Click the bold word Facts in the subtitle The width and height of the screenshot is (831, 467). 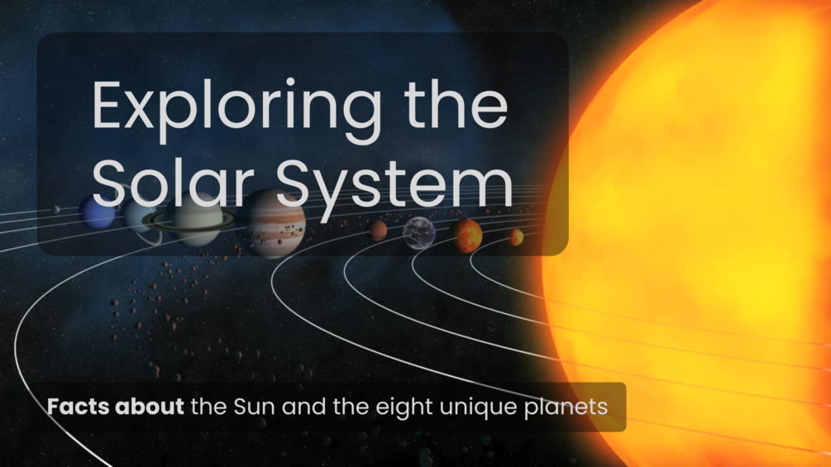(x=79, y=407)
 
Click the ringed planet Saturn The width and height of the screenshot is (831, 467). (x=192, y=219)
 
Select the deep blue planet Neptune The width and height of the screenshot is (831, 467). (x=98, y=212)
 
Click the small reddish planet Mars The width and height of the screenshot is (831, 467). (x=378, y=231)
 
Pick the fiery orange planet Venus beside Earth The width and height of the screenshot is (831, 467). (x=466, y=236)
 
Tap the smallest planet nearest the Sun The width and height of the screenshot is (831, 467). (x=516, y=238)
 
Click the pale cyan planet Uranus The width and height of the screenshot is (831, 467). (x=136, y=217)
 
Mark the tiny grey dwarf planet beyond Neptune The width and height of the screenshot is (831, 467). (x=56, y=210)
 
